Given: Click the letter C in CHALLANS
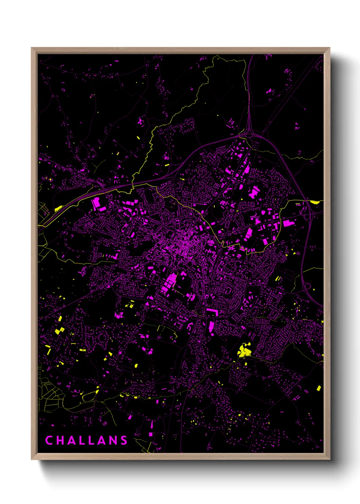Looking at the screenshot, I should click(x=49, y=440).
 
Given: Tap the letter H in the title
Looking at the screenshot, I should click(x=60, y=440).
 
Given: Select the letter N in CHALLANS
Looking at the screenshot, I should click(x=113, y=440).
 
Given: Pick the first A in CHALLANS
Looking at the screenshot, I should click(x=70, y=440).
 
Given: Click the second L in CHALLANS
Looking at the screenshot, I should click(x=92, y=440).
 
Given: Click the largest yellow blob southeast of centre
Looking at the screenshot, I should click(x=244, y=350).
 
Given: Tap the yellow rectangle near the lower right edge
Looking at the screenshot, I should click(x=319, y=388).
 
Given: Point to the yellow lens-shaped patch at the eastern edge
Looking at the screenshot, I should click(x=314, y=202).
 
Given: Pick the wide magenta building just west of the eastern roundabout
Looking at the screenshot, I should click(x=289, y=223).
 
